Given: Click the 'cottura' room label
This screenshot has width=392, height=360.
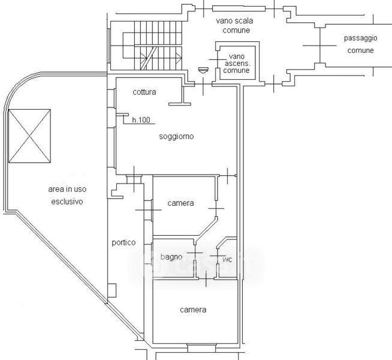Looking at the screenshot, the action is (144, 92).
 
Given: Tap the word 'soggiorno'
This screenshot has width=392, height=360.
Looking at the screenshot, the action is (176, 136).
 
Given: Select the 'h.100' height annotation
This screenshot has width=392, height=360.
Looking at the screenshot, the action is (141, 120).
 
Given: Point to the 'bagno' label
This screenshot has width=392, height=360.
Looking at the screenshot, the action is (171, 257).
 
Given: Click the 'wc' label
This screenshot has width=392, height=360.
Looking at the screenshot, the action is (227, 260).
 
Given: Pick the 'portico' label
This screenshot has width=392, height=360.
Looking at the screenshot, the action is (123, 242).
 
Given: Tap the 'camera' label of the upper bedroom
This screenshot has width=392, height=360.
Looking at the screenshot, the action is (180, 203).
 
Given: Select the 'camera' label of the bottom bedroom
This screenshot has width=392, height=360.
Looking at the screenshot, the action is (193, 310).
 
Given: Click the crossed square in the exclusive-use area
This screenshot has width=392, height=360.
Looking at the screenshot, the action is (29, 136).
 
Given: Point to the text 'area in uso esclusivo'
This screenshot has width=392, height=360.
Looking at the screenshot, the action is (67, 195).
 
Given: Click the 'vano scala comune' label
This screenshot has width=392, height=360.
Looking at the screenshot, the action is (234, 25).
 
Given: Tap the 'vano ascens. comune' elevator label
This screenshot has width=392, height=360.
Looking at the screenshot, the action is (236, 63).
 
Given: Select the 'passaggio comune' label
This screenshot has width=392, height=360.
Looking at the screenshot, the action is (360, 44).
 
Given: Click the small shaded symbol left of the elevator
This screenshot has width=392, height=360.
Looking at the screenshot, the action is (203, 70).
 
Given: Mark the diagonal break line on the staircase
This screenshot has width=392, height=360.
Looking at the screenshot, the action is (149, 58).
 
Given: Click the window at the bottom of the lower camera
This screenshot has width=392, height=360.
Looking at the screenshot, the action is (201, 348).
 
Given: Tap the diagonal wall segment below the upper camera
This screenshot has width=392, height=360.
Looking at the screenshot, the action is (207, 227).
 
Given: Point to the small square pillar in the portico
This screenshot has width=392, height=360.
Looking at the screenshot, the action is (111, 290).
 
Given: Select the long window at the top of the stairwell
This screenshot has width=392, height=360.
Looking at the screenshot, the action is (239, 9).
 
